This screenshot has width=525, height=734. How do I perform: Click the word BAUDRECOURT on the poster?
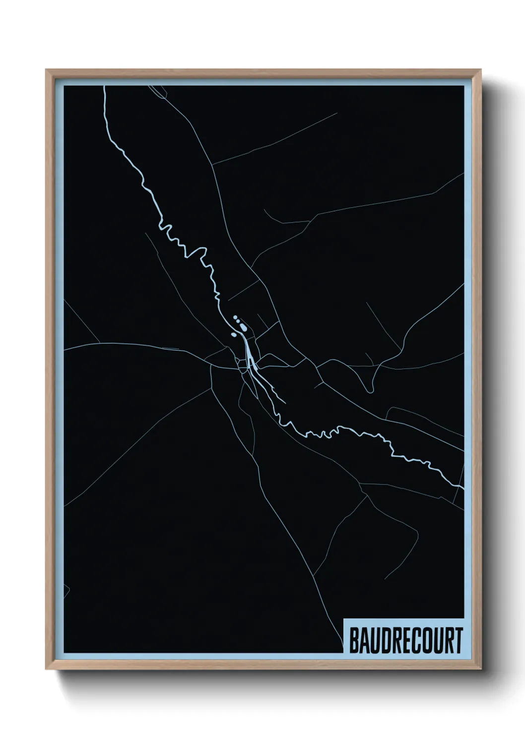click(x=406, y=640)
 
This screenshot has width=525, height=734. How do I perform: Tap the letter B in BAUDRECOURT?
click(x=354, y=640)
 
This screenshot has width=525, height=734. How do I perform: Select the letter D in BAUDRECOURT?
click(x=385, y=640)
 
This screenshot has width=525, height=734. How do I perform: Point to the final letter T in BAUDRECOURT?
click(x=458, y=640)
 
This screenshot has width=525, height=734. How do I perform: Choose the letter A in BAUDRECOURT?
click(x=364, y=640)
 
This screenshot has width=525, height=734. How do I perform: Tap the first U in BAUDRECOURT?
click(x=375, y=640)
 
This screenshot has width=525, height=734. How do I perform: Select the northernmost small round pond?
click(x=235, y=316)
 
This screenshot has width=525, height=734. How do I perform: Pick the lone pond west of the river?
click(x=233, y=335)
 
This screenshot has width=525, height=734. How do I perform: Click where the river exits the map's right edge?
click(x=462, y=489)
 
